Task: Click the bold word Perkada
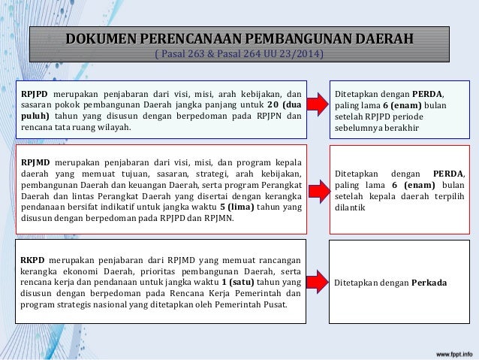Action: click(x=429, y=283)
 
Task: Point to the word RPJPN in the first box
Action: click(x=278, y=116)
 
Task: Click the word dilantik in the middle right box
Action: click(x=350, y=208)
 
